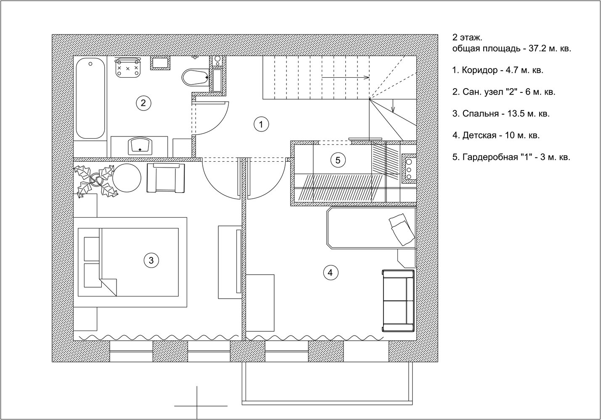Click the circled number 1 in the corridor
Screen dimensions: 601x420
point(261,124)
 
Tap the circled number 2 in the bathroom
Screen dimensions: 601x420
point(143,103)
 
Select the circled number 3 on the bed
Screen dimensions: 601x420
point(151,260)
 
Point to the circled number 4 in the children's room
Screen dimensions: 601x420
point(331,273)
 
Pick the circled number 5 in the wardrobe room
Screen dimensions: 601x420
point(338,160)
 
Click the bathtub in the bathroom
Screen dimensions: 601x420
point(90,98)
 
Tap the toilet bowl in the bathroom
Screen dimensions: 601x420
point(195,77)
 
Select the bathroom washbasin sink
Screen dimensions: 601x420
point(140,146)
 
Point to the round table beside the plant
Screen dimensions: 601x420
point(127,178)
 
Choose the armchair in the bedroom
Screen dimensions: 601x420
point(166,178)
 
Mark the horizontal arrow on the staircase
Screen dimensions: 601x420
point(346,78)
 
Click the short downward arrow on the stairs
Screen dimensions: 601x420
point(393,106)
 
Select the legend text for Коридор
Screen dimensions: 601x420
point(498,70)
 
